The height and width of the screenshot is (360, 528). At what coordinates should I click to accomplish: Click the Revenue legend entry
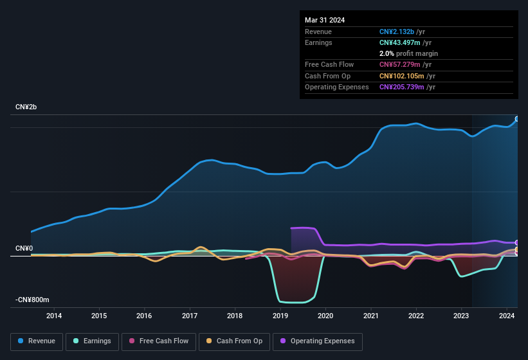(x=37, y=341)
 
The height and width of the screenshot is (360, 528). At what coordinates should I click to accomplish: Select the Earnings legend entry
(x=91, y=341)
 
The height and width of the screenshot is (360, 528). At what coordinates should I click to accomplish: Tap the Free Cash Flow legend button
(x=159, y=341)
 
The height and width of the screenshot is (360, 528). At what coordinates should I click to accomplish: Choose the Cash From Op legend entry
(x=234, y=341)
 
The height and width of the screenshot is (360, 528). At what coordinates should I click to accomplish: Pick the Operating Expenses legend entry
(x=318, y=341)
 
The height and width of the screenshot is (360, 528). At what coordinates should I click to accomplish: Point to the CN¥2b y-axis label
(x=26, y=107)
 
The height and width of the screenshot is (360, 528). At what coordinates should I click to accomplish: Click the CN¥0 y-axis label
(x=24, y=249)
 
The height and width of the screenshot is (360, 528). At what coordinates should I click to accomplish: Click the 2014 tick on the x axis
(x=54, y=316)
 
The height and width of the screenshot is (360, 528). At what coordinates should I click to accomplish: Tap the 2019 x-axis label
(x=280, y=316)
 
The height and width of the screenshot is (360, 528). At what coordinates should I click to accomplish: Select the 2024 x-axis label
(x=507, y=316)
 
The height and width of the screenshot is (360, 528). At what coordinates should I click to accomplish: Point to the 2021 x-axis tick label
(x=371, y=316)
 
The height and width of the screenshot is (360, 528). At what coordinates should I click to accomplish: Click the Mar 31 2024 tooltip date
(x=325, y=20)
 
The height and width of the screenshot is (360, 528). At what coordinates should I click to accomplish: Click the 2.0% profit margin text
(x=408, y=53)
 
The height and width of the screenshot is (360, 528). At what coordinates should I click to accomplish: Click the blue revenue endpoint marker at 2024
(x=517, y=119)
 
